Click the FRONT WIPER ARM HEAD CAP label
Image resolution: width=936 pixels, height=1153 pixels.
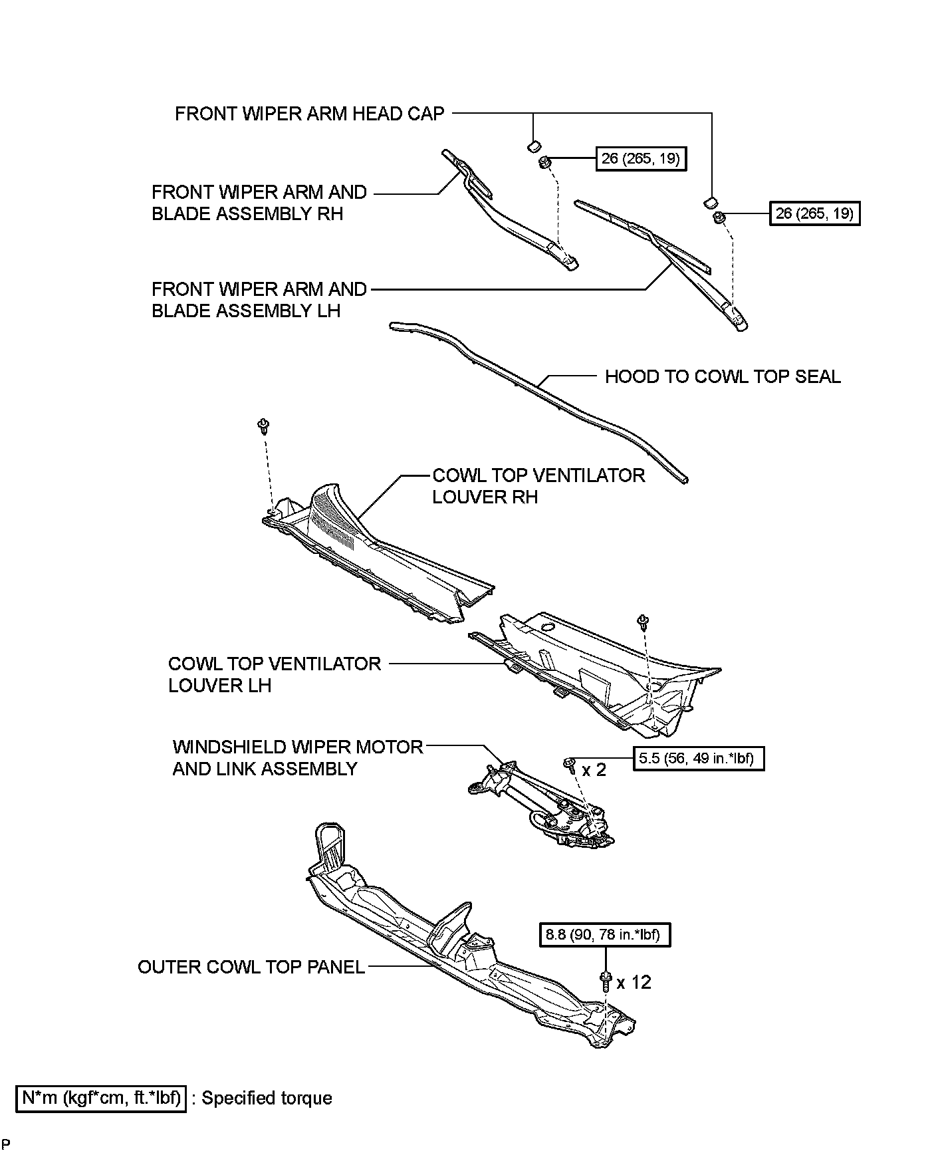coord(309,114)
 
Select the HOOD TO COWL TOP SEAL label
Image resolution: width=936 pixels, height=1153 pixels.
coord(723,377)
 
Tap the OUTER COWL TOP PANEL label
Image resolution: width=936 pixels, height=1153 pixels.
coord(251,967)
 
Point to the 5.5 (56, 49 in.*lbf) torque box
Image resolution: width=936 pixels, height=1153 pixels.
coord(698,758)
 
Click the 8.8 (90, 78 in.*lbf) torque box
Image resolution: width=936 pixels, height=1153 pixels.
coord(604,935)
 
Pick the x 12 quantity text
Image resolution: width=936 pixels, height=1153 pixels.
coord(634,982)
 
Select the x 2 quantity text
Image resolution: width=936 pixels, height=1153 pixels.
coord(594,770)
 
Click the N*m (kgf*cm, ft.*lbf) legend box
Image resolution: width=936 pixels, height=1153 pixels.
coord(101,1098)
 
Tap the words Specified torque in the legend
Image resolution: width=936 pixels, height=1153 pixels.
coord(267,1098)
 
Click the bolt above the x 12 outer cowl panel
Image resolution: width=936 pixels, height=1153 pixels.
coord(605,981)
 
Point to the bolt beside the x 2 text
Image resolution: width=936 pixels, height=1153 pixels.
coord(569,765)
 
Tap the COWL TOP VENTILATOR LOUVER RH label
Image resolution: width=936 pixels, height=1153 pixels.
coord(538,486)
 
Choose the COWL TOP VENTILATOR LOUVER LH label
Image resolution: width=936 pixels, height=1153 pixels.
coord(274,674)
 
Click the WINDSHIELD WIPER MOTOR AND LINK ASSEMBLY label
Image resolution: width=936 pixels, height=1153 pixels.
coord(297,758)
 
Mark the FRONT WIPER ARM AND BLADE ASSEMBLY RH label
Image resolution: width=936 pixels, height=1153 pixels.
coord(259,203)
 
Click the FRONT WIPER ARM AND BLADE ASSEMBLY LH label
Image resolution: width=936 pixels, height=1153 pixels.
coord(259,300)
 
